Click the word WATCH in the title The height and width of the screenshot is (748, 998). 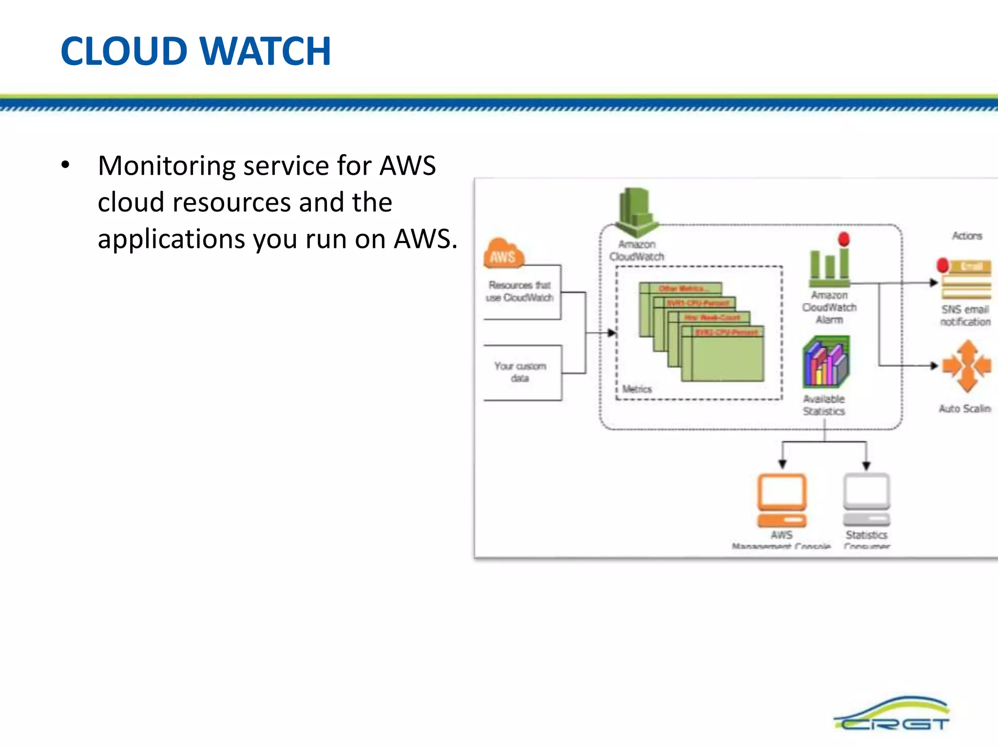266,51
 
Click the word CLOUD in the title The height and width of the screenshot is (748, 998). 124,51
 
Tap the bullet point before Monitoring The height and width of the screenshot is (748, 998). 65,166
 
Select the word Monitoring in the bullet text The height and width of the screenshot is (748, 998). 167,166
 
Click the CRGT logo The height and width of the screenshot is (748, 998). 892,715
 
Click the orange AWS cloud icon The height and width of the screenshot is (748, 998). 503,253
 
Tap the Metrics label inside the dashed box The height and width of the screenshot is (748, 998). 636,389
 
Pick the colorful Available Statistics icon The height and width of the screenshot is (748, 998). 826,363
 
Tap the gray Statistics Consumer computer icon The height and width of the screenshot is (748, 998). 867,499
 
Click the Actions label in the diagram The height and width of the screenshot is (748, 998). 967,236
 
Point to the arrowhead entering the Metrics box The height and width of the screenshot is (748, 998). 612,333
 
